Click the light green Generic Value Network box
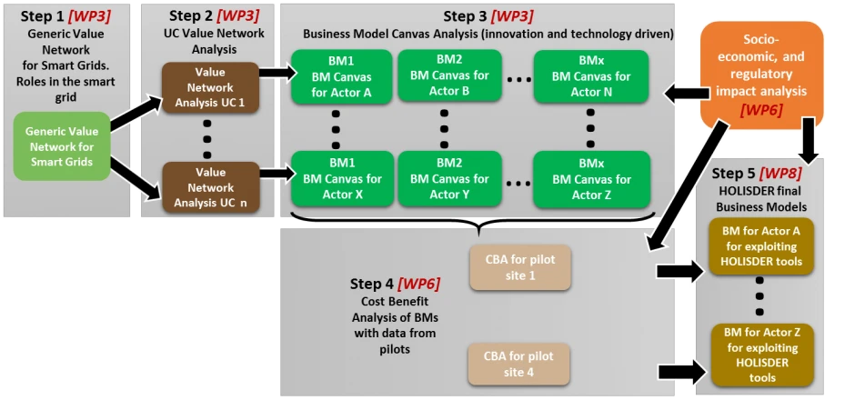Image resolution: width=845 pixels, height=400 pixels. click(62, 145)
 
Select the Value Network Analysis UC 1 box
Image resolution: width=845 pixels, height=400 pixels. click(211, 87)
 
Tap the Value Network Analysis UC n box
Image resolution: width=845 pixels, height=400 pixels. click(211, 188)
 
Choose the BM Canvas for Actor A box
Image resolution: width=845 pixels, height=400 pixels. click(342, 76)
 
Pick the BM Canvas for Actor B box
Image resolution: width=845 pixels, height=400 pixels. click(449, 75)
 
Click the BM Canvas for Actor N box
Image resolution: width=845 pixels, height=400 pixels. click(590, 76)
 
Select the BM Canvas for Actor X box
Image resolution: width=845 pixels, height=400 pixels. click(342, 178)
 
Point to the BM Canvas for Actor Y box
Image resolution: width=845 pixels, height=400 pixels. click(449, 178)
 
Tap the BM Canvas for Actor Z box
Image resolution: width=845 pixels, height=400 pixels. click(590, 178)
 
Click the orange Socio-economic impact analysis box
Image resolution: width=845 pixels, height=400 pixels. click(761, 75)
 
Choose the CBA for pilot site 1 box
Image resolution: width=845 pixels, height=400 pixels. click(519, 268)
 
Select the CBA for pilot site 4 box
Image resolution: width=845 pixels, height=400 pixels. click(518, 364)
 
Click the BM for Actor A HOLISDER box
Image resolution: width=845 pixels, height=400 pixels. click(761, 246)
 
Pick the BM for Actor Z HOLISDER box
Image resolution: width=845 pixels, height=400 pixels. click(761, 355)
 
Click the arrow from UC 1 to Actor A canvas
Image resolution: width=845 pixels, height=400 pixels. click(278, 73)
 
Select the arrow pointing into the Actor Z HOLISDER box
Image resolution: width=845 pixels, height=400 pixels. click(681, 371)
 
